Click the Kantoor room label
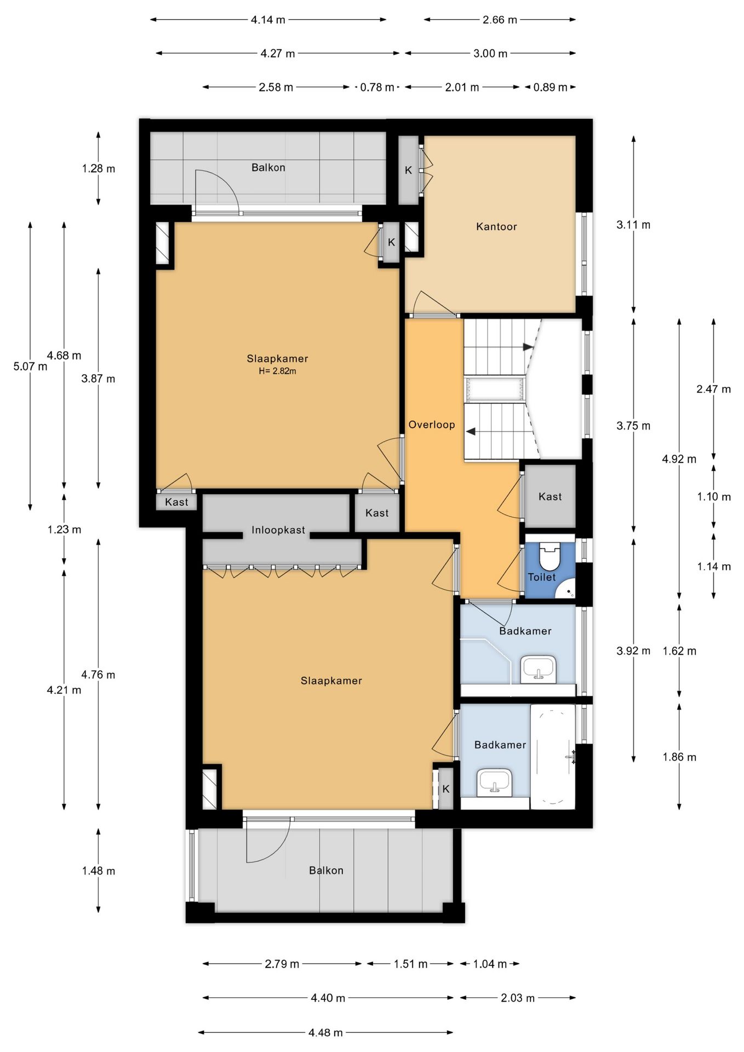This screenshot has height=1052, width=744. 496,226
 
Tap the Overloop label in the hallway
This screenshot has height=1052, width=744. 432,425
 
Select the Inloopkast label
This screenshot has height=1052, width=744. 278,530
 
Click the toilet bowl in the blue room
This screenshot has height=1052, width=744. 549,557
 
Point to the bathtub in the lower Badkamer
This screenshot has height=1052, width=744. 553,756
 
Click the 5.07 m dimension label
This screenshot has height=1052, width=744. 30,367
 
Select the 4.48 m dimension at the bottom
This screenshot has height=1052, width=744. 325,1033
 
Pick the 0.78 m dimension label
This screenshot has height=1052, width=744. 377,87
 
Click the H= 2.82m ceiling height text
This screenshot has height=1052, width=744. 277,371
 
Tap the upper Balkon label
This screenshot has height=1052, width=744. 268,168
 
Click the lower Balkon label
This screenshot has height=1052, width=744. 326,871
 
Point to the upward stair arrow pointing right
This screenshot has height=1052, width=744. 528,347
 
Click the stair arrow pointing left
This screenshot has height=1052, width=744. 470,432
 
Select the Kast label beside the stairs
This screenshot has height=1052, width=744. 550,496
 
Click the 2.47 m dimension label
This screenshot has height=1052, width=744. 713,389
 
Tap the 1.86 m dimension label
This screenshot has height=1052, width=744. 679,757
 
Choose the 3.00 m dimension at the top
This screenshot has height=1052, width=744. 490,54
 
